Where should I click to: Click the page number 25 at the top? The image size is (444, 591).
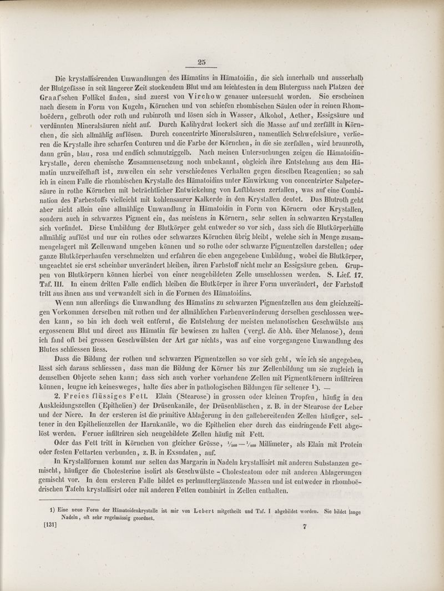pyautogui.click(x=201, y=62)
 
